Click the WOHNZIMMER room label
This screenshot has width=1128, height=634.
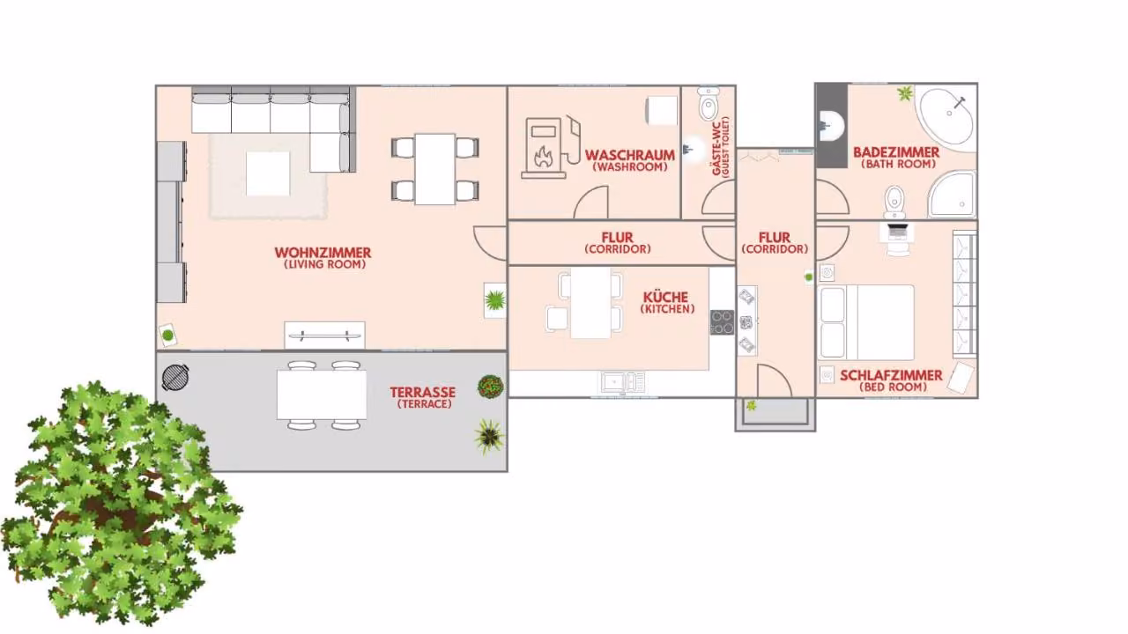click(x=323, y=253)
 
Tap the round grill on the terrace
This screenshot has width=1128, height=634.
click(x=175, y=376)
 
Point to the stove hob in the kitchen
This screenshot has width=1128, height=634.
click(x=722, y=322)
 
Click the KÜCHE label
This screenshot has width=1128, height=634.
click(x=665, y=298)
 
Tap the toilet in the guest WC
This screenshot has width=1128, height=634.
click(x=708, y=104)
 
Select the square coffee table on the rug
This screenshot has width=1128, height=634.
click(x=268, y=173)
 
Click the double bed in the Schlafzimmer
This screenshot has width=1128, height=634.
click(x=865, y=322)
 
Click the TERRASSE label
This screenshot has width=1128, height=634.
click(x=422, y=392)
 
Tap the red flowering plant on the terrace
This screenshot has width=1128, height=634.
click(x=491, y=387)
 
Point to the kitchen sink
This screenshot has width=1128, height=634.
click(x=622, y=383)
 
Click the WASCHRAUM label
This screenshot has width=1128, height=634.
click(x=629, y=155)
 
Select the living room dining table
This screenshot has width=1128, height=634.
click(x=435, y=169)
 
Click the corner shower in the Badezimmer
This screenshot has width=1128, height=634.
click(x=952, y=195)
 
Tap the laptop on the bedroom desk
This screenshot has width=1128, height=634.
click(x=897, y=231)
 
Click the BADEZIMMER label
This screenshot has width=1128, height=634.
click(x=896, y=152)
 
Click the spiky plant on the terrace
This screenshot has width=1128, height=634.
click(x=489, y=436)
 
